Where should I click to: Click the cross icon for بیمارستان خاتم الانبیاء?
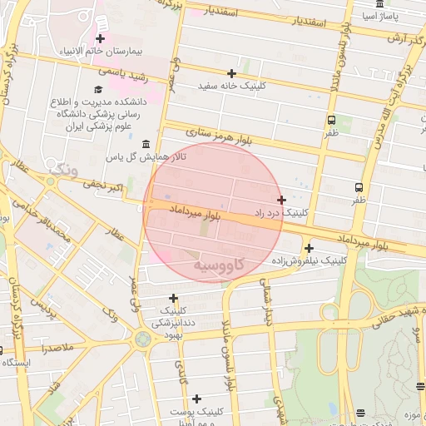(101, 38)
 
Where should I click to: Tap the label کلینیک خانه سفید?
(232, 86)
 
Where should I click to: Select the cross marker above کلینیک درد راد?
(282, 200)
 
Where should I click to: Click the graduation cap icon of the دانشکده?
(97, 90)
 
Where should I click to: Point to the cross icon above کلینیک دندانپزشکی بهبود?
(173, 298)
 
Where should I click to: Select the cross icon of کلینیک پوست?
(196, 399)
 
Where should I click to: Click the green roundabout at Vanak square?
(142, 339)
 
